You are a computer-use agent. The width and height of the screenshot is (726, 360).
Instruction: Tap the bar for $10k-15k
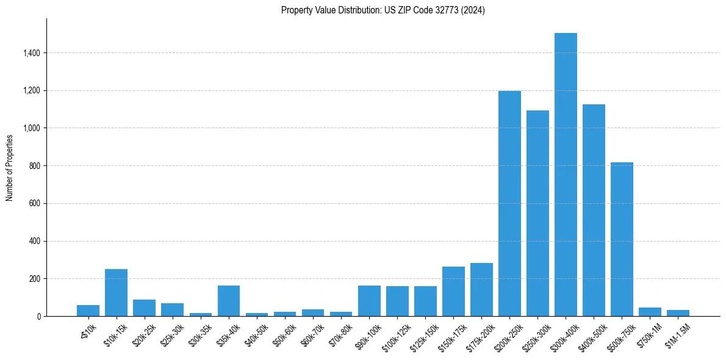(116, 292)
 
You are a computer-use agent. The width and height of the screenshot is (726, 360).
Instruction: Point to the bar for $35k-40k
(229, 301)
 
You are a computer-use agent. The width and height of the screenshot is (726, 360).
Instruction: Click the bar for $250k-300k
(537, 213)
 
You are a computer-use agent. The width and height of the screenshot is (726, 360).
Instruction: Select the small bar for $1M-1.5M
(678, 313)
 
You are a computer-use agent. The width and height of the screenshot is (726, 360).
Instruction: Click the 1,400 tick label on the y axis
(32, 53)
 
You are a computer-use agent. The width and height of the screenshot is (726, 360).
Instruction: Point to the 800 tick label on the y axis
(35, 166)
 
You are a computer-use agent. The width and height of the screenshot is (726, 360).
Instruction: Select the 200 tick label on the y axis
(35, 279)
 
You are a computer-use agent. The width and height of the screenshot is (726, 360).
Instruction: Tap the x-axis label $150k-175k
(452, 334)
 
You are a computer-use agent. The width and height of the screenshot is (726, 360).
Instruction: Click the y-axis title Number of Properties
(10, 167)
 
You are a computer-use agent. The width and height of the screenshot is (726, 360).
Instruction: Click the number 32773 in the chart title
(451, 10)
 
